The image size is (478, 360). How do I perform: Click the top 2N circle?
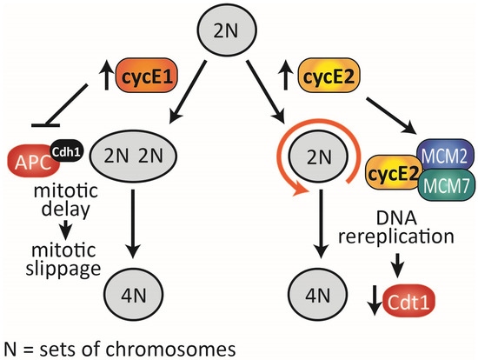click(238, 33)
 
